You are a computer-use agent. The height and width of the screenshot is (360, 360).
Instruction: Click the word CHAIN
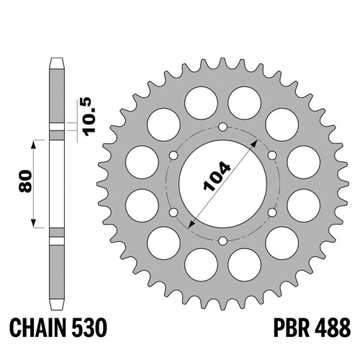pyautogui.click(x=38, y=328)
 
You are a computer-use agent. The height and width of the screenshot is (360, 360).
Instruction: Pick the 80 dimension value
pyautogui.click(x=25, y=181)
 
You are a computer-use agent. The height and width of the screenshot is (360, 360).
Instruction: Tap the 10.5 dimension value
pyautogui.click(x=89, y=117)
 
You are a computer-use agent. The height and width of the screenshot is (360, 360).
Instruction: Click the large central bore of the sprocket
pyautogui.click(x=223, y=184)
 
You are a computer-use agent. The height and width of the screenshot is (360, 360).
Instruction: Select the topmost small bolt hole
pyautogui.click(x=223, y=127)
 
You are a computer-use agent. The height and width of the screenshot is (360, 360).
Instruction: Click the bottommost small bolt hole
pyautogui.click(x=223, y=240)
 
